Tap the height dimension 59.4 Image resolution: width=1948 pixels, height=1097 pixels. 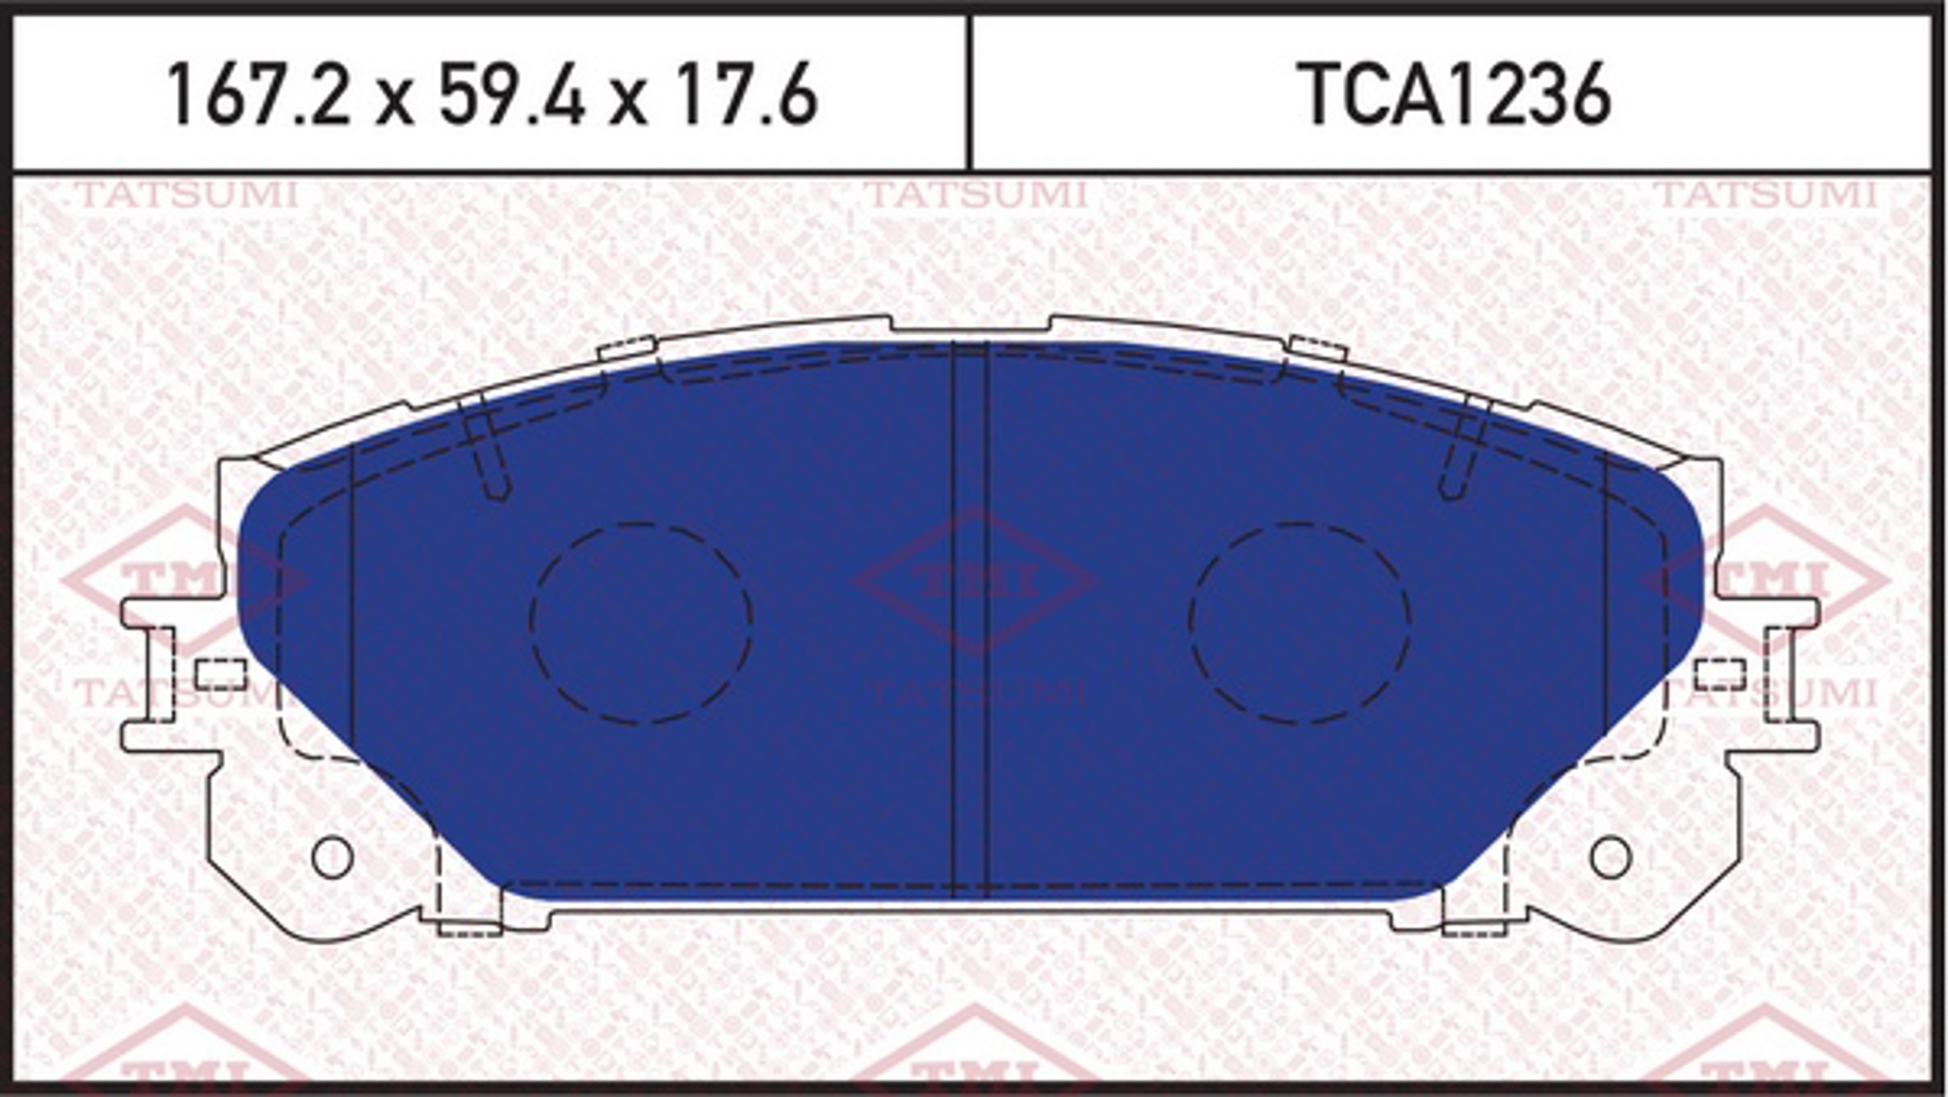coord(512,95)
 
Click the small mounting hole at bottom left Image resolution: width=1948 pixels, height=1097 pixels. coord(332,857)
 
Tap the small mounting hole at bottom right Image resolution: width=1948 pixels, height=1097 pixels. coord(1610,857)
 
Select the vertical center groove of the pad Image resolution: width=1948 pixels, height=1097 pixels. coord(968,621)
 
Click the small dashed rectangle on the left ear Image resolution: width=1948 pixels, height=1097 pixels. coord(221,674)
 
